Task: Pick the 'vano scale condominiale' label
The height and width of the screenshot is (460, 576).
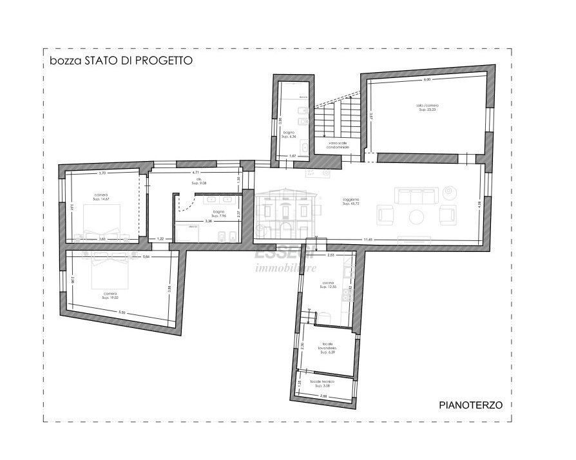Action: coord(337,145)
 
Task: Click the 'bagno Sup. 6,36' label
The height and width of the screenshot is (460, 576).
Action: coord(288,135)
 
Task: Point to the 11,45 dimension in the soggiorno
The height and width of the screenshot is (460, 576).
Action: coord(367,240)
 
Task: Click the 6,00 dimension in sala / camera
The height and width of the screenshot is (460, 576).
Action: coord(427,80)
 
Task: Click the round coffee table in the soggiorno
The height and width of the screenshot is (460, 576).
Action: coord(416,215)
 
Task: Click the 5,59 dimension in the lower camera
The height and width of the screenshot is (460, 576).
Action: coord(121,313)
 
